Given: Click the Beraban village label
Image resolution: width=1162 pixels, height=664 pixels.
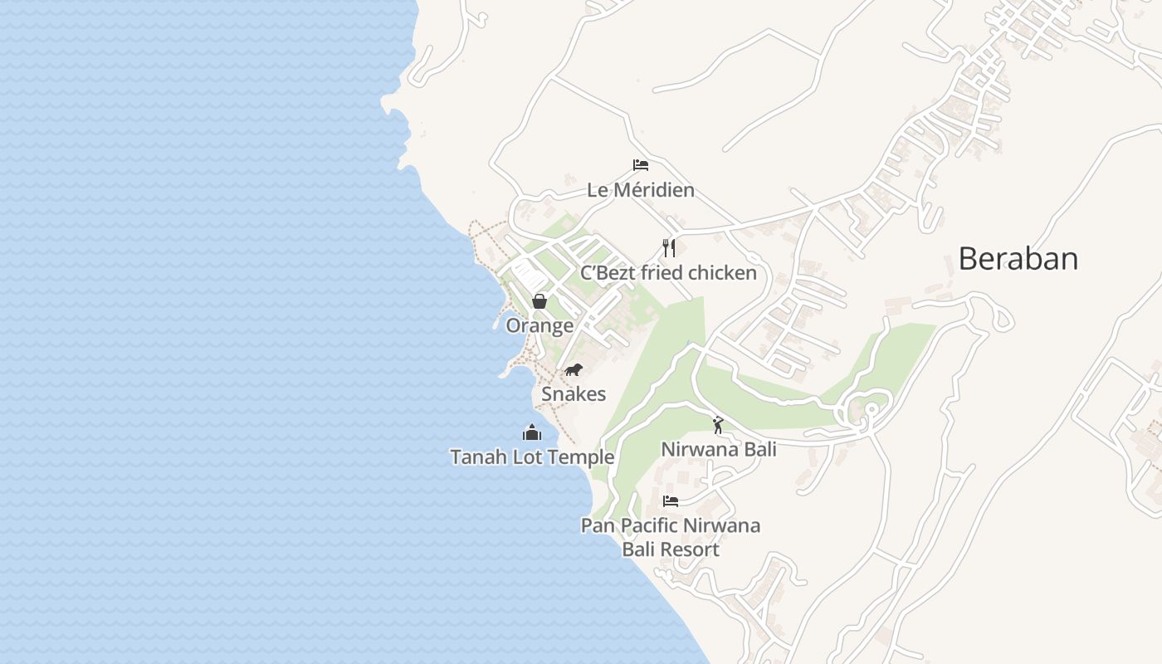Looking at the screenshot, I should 1018,259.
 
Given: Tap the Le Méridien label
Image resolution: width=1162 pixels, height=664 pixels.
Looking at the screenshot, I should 640,190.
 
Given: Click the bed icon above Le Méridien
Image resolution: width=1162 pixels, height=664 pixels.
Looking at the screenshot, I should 640,164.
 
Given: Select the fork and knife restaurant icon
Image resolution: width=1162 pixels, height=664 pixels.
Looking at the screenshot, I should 668,247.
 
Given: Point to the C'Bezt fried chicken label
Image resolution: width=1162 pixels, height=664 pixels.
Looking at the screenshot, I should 668,273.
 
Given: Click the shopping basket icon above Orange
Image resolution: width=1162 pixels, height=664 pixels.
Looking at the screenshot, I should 539,300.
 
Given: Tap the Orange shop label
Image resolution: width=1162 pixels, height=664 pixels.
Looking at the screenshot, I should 539,325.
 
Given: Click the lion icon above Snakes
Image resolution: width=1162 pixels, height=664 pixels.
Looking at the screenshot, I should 574,369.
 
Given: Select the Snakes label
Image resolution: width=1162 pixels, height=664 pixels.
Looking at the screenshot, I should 574,394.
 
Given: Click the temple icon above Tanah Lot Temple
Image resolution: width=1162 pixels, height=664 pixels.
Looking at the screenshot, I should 531,432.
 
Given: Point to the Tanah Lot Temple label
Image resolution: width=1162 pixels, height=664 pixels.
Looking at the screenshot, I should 532,457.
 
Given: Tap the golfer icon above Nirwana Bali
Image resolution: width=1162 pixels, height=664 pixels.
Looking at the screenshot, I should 718,425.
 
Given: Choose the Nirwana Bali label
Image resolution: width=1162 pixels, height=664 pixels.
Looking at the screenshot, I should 718,450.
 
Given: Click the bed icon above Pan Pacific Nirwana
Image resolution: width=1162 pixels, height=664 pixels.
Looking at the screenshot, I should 670,500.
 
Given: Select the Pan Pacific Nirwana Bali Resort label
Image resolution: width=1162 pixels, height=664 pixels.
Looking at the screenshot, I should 670,537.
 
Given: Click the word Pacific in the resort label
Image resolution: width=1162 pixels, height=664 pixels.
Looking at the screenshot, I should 651,525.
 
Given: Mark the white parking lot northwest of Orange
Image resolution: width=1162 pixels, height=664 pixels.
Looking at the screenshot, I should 525,273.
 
